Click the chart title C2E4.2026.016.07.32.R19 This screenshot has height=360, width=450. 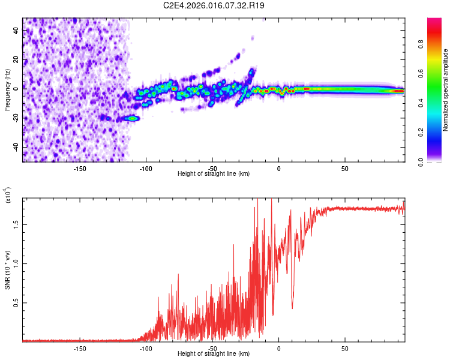[215, 5]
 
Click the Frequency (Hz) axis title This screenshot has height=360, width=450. [7, 90]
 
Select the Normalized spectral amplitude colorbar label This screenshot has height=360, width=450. [445, 90]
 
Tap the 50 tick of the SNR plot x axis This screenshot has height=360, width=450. [345, 347]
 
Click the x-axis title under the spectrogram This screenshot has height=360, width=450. [214, 173]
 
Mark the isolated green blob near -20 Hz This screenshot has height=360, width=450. [132, 118]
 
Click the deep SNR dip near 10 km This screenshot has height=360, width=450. [292, 307]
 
